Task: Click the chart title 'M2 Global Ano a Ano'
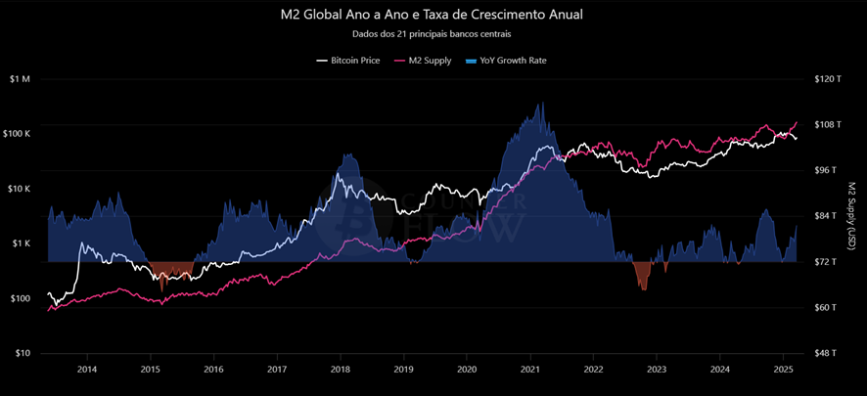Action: point(433,15)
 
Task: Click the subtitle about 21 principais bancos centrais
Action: point(433,34)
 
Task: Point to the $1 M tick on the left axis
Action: point(21,78)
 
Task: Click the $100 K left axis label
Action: point(19,133)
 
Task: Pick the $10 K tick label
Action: point(21,189)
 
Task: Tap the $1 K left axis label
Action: point(23,243)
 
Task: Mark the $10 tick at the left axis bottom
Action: point(23,353)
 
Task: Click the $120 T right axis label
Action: point(828,78)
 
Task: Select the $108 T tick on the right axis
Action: point(828,124)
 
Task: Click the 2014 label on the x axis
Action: point(86,370)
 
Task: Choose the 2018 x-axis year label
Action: point(340,370)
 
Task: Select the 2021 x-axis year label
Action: point(530,370)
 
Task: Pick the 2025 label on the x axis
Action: point(783,370)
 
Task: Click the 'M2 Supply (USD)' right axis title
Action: point(850,215)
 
